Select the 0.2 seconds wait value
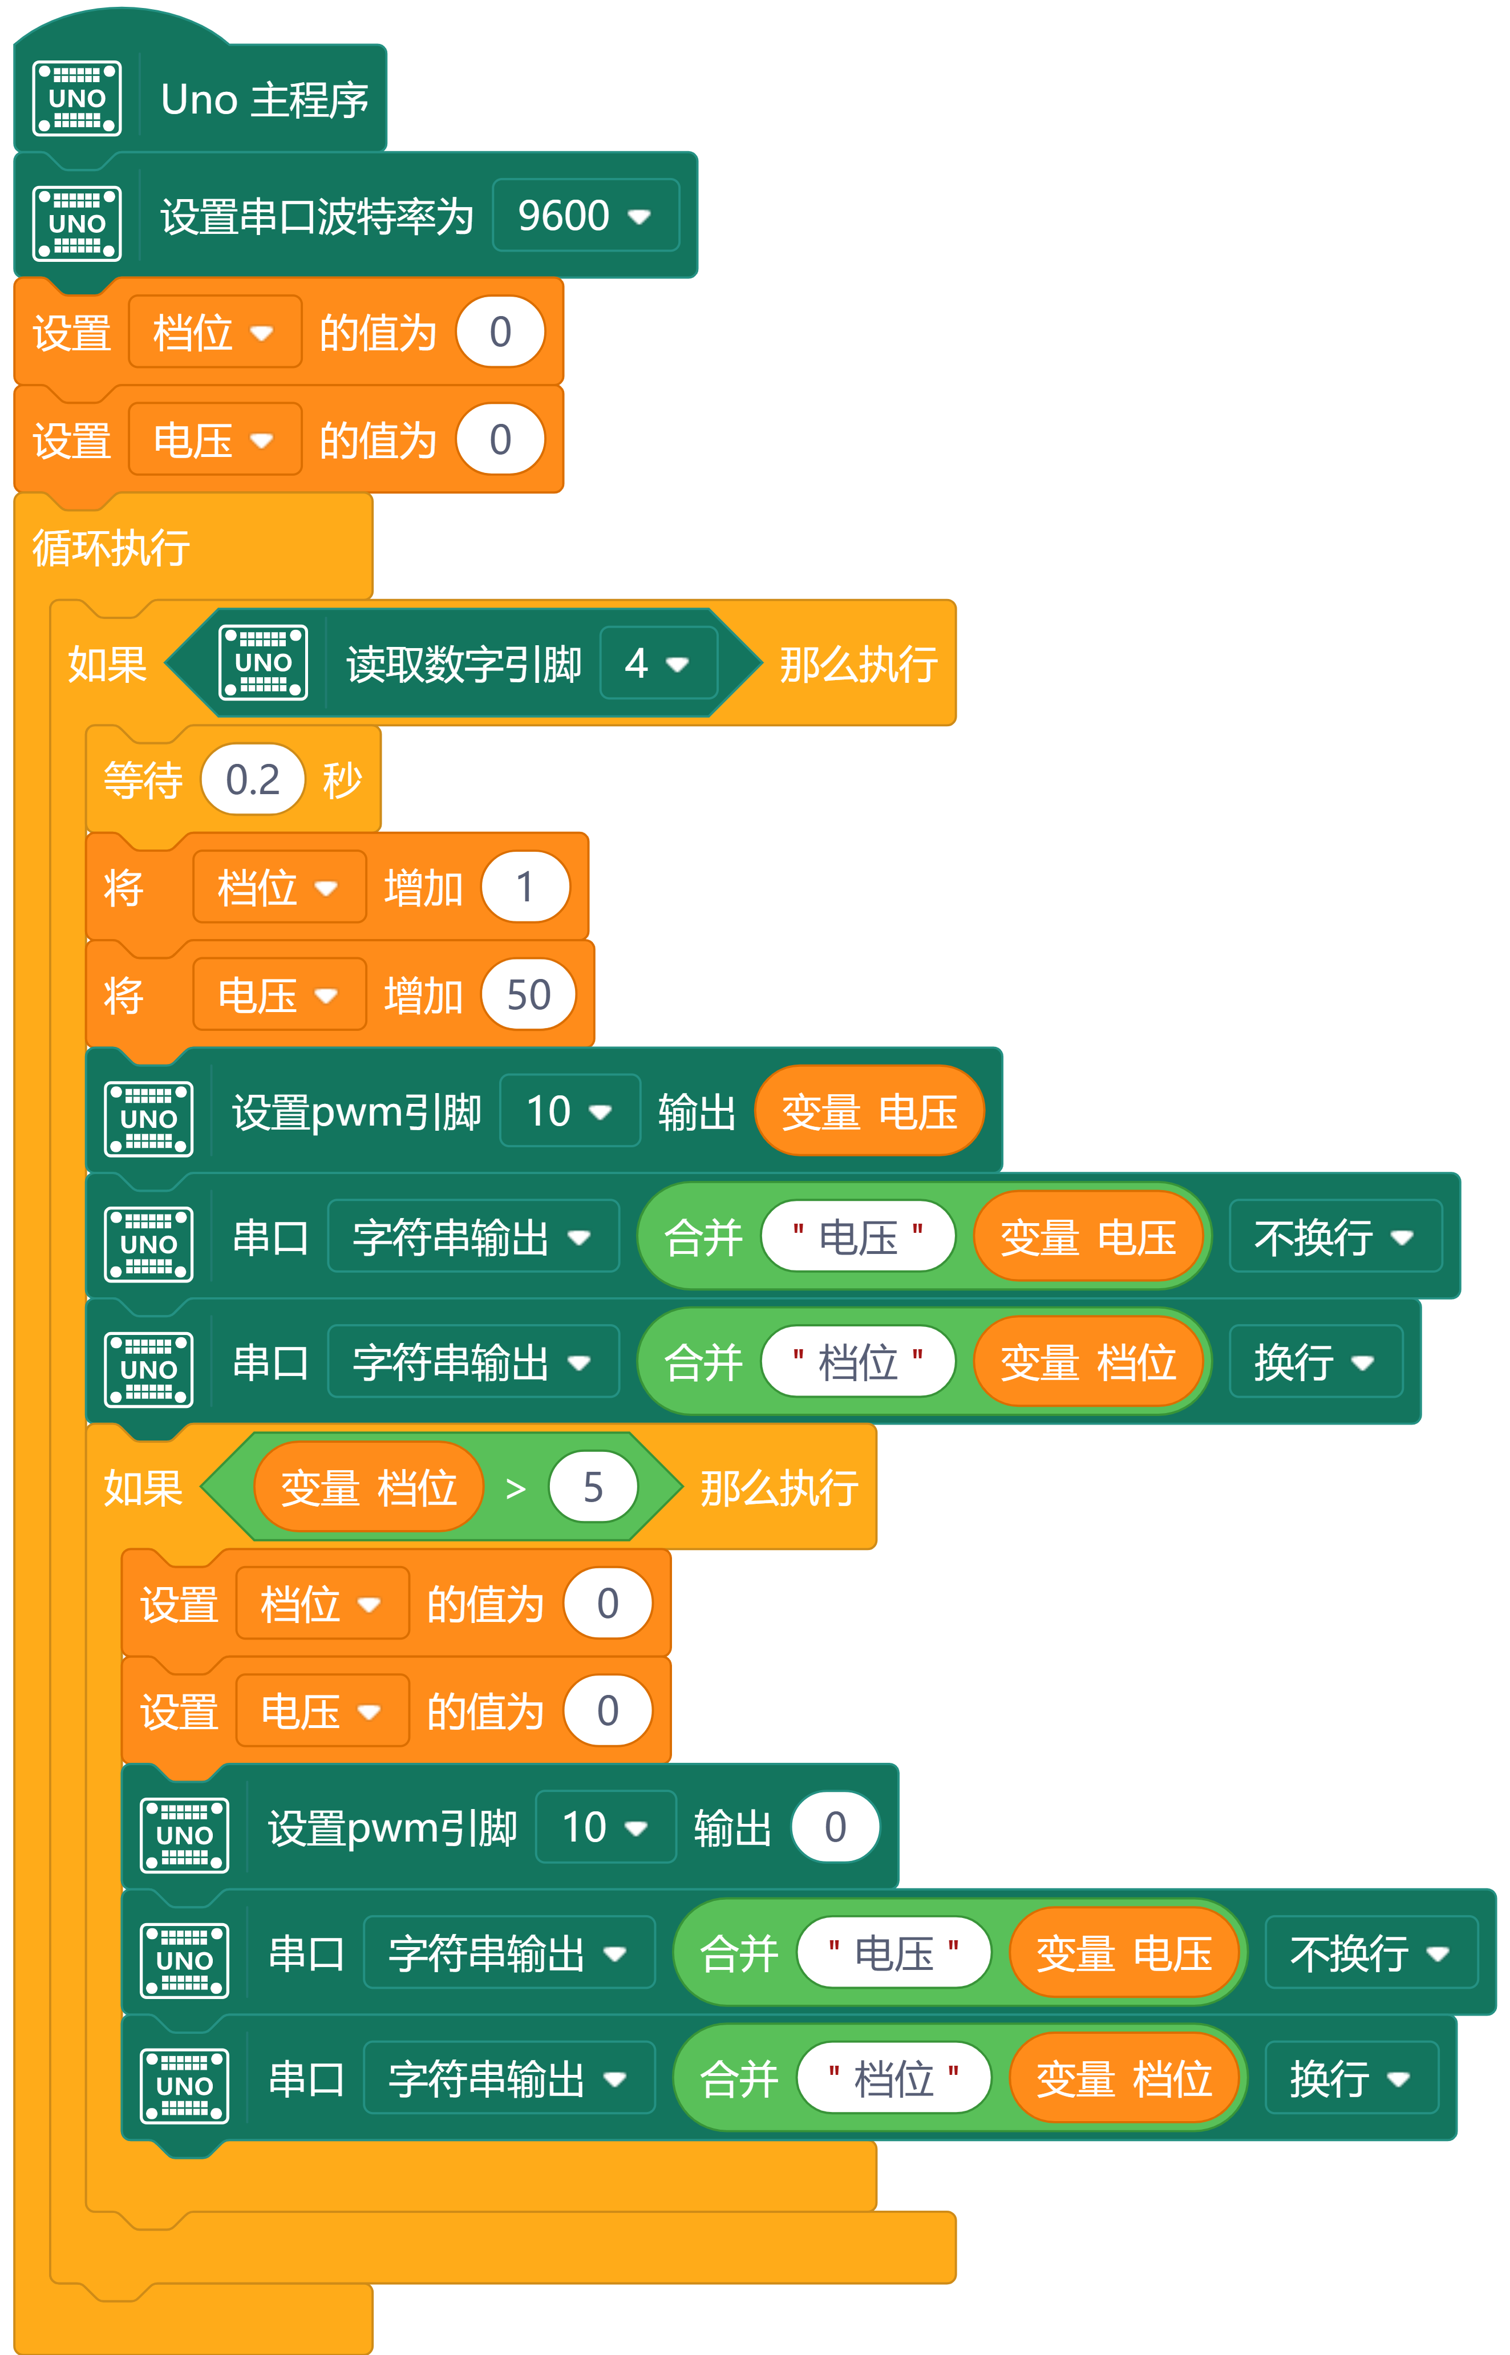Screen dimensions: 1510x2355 253,779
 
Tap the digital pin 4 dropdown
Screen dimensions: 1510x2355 658,663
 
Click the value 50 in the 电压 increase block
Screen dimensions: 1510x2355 528,995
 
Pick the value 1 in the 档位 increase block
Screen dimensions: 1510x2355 525,887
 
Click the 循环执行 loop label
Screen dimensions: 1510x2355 111,547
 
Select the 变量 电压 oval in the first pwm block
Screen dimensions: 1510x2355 869,1111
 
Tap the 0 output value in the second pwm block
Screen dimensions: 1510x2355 835,1827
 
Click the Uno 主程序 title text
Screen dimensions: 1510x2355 265,99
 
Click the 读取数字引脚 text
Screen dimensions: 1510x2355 464,663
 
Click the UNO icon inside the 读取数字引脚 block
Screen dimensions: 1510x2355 263,663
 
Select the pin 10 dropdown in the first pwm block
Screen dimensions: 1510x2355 570,1111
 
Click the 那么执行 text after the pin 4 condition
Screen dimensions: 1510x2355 859,663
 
